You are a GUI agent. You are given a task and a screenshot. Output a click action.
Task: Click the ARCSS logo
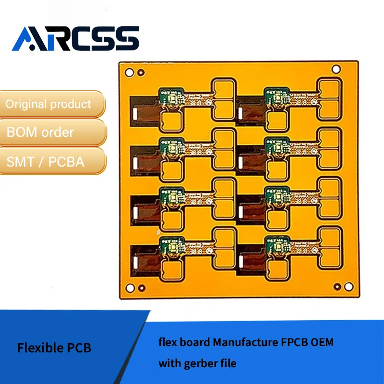click(75, 38)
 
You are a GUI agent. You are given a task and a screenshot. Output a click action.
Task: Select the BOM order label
click(40, 132)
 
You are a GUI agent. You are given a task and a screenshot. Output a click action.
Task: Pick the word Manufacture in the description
click(245, 343)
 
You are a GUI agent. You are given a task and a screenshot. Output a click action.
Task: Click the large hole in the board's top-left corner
click(129, 72)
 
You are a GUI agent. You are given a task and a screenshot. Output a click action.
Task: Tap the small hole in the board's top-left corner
click(141, 72)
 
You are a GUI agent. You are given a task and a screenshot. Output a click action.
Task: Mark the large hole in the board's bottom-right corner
click(348, 287)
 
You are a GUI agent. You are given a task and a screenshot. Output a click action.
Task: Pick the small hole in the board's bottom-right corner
click(337, 287)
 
